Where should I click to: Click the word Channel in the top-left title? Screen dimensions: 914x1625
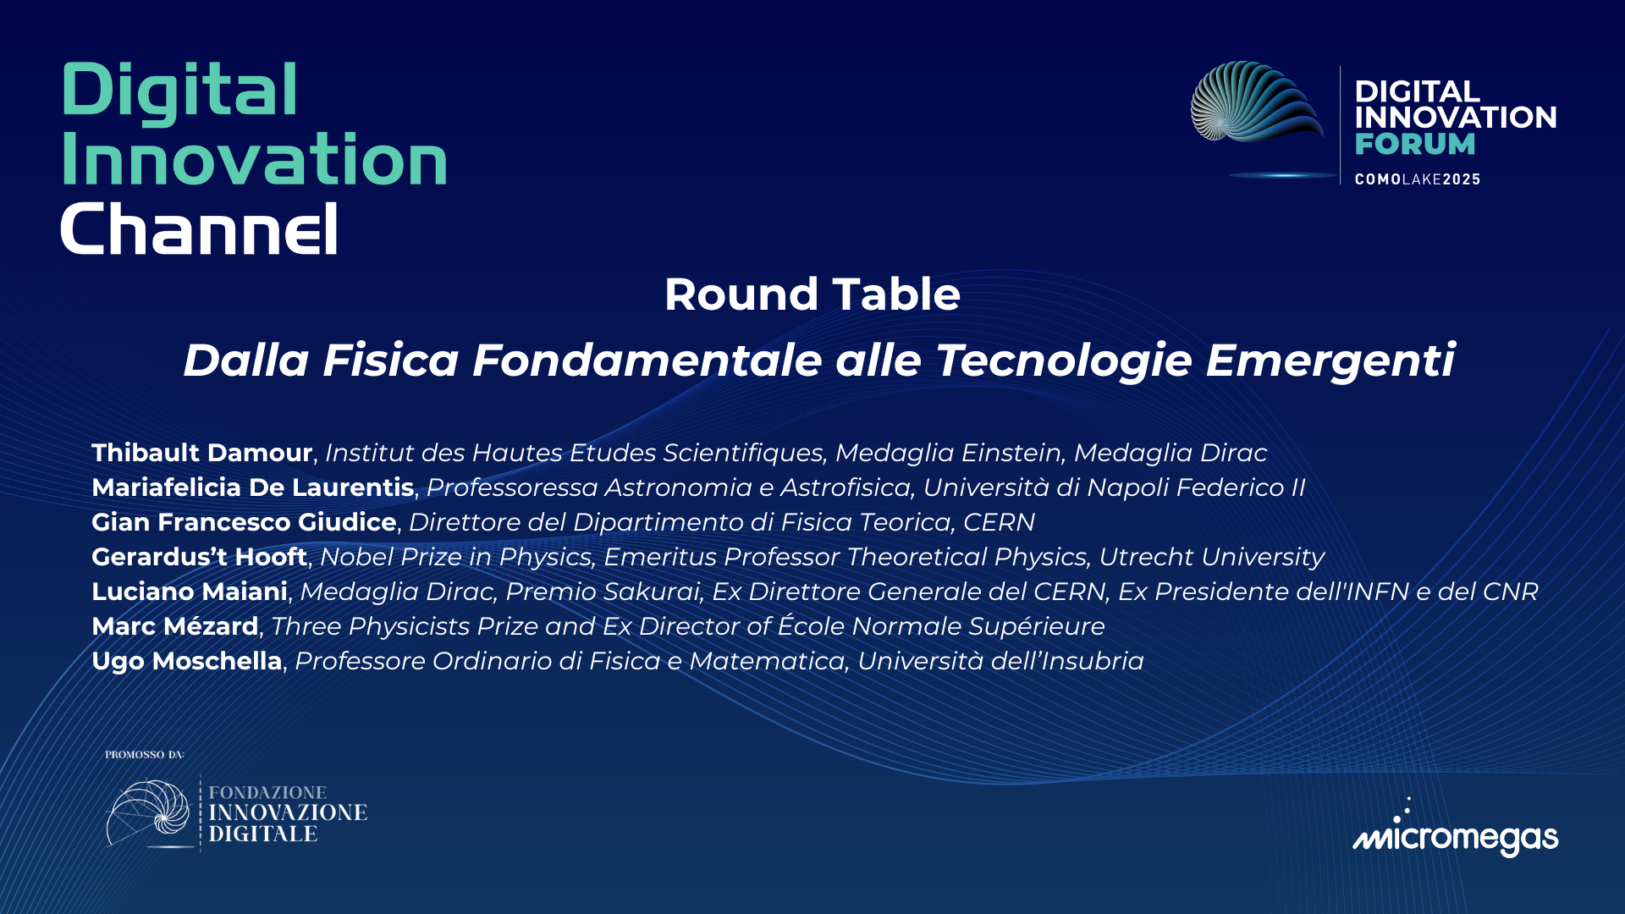[199, 228]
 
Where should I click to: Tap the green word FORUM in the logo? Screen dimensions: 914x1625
[1414, 144]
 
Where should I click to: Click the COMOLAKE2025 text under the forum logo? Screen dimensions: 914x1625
[1417, 179]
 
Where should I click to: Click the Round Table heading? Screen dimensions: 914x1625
[812, 295]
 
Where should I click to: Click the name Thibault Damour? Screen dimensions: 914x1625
[201, 453]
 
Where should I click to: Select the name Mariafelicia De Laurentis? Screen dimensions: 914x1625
[252, 487]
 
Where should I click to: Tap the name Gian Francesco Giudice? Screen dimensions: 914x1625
[244, 522]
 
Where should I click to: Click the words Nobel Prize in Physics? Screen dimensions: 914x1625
[455, 557]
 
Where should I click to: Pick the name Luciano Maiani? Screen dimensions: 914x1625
[189, 592]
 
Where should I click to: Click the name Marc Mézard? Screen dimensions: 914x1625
[174, 626]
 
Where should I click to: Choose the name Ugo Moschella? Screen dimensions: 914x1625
[186, 661]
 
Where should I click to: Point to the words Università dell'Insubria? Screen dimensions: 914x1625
[1000, 661]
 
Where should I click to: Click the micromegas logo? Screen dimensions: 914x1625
[1455, 834]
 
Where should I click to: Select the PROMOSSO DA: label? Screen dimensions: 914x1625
[144, 754]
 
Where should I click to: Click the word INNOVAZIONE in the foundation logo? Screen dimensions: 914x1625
[288, 812]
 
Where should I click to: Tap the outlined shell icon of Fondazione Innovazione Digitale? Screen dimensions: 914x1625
[148, 812]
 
